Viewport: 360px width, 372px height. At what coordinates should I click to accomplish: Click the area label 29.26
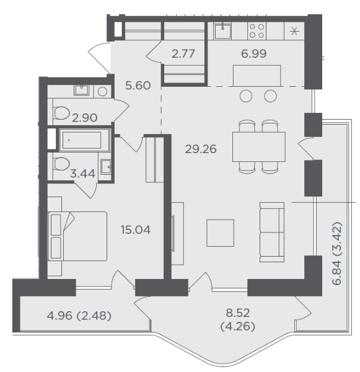pos(201,149)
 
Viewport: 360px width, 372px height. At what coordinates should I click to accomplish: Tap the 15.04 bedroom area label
pos(136,230)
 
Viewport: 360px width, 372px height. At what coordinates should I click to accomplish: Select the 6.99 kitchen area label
pos(253,53)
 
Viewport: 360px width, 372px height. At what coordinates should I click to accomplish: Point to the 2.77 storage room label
pos(183,53)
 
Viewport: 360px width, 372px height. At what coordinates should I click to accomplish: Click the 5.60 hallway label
pos(138,86)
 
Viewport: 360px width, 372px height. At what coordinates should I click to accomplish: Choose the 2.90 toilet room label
pos(85,118)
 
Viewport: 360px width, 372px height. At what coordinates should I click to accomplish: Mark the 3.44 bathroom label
pos(83,174)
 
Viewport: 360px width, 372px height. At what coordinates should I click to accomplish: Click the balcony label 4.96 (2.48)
pos(79,316)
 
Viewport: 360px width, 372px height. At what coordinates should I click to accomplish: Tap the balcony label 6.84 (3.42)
pos(337,254)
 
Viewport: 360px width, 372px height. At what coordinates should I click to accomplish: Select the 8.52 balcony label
pos(238,313)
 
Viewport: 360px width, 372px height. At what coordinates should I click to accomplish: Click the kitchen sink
pos(222,31)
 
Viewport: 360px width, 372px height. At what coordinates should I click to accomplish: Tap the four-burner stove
pos(257,31)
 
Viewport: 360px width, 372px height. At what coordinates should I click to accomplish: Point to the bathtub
pos(84,140)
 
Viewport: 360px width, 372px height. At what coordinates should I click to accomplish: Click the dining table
pos(259,147)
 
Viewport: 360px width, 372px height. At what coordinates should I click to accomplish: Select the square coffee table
pos(221,233)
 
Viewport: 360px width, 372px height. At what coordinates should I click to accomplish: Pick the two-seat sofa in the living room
pos(272,232)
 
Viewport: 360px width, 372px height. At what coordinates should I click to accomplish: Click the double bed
pos(77,236)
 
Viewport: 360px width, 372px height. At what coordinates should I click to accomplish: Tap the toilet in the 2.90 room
pos(61,113)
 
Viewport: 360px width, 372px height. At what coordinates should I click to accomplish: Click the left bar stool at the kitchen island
pos(246,96)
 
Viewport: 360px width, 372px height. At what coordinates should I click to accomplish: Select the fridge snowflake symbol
pos(294,31)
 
